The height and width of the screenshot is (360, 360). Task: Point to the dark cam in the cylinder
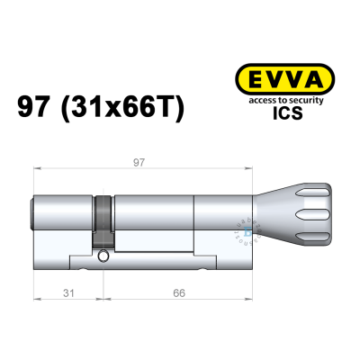click(105, 220)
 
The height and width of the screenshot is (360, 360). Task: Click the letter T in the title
click(167, 109)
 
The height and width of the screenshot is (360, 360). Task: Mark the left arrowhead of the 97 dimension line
click(37, 170)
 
